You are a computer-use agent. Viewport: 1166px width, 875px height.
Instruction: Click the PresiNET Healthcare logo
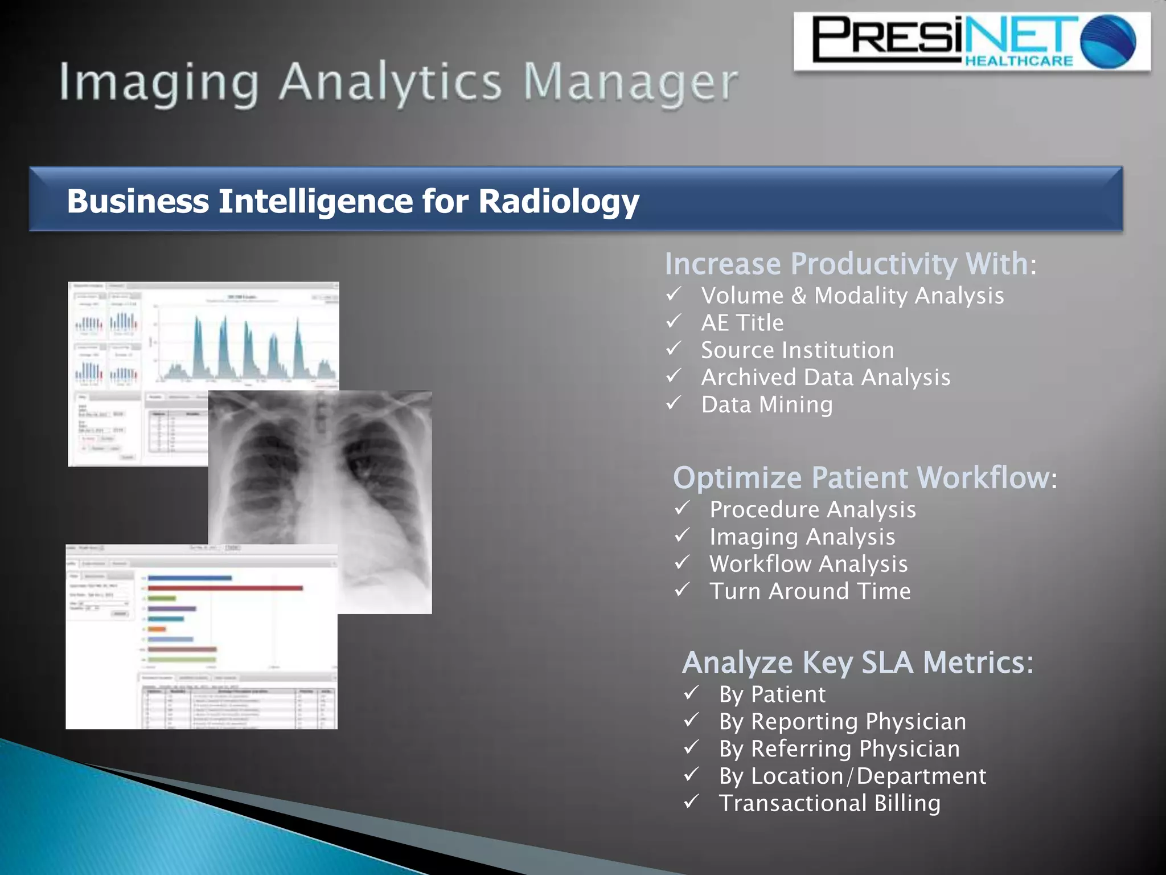tap(971, 42)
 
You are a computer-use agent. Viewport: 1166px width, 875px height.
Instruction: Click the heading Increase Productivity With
tap(850, 264)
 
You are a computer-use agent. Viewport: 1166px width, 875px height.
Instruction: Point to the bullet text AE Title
tap(742, 323)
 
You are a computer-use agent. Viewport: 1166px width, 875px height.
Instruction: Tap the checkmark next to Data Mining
tap(674, 403)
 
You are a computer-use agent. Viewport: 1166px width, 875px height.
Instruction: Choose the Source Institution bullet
tap(797, 350)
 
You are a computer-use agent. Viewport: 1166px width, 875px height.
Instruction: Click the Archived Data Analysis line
tap(826, 377)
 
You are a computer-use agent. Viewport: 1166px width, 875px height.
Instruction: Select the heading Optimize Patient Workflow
tap(864, 477)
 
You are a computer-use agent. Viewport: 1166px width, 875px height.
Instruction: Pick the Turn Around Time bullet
tap(810, 591)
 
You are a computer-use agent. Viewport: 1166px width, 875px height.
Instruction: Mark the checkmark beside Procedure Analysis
tap(681, 508)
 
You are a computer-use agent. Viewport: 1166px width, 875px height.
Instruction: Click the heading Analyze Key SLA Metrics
tap(857, 663)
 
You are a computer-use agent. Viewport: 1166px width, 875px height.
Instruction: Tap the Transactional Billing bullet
tap(830, 803)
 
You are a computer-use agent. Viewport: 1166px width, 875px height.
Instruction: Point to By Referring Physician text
tap(839, 749)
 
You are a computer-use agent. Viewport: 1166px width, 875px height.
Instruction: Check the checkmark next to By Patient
tap(691, 693)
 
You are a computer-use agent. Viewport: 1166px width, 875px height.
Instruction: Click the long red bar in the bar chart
tap(225, 588)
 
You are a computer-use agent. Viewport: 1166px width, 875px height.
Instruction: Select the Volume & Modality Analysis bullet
tap(852, 296)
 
